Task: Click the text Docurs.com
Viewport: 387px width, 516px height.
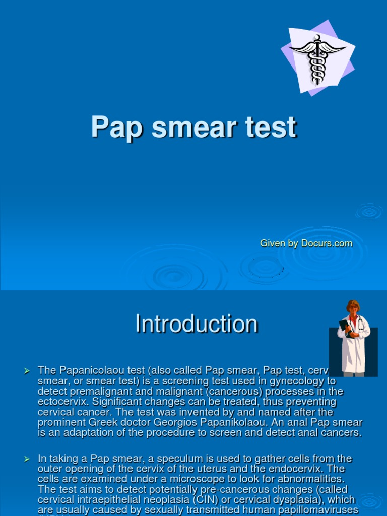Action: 327,243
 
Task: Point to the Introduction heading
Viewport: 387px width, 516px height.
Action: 197,324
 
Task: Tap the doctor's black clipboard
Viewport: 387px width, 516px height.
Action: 345,326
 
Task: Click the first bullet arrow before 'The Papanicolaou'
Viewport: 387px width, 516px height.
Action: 27,371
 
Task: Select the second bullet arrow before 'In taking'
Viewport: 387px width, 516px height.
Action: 27,459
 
